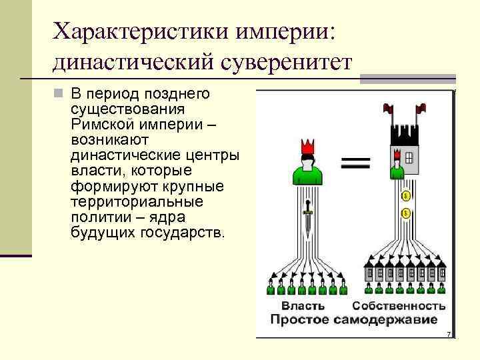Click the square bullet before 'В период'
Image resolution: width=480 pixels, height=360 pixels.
click(x=59, y=94)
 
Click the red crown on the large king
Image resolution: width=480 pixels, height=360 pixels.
click(x=307, y=147)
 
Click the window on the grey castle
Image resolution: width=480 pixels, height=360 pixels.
click(x=408, y=159)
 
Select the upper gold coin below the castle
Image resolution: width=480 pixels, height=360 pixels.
click(x=405, y=196)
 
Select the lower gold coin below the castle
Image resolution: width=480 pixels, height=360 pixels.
click(x=405, y=213)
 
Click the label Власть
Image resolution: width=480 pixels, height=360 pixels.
click(x=303, y=306)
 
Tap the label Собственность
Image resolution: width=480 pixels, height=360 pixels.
click(x=399, y=306)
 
